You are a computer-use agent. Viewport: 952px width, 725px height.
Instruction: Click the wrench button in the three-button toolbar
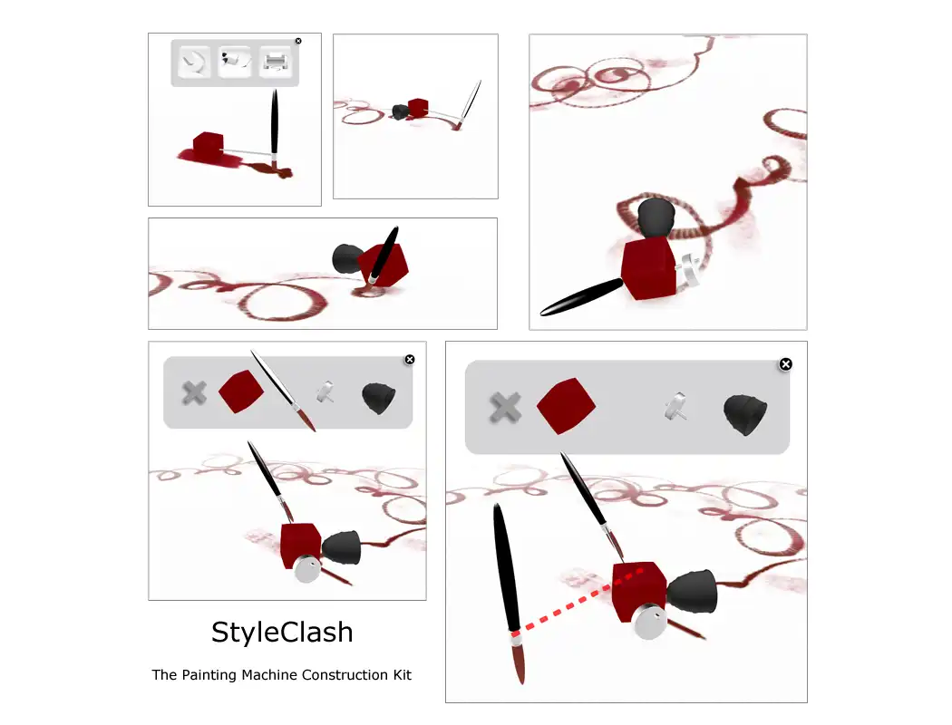coord(194,62)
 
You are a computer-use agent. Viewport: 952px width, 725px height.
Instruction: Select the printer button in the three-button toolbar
coord(276,62)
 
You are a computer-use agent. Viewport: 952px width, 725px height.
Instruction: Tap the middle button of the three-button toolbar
coord(235,62)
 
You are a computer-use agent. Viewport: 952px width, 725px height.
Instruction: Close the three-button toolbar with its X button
coord(298,42)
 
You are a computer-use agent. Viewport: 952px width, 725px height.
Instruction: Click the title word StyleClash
coord(282,633)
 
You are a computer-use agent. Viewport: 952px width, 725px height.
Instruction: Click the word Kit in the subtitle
coord(402,674)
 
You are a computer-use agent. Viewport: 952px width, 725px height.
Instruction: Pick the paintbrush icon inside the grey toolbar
coord(284,391)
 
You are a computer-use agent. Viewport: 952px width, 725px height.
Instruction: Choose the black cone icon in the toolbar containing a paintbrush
coord(379,398)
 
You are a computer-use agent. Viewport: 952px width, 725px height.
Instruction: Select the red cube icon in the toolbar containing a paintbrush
coord(241,391)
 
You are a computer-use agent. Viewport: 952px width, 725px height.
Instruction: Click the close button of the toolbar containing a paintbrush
coord(410,360)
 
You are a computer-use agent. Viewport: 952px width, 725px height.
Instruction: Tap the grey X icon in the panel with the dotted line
coord(505,407)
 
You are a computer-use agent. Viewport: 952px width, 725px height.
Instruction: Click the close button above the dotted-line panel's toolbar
coord(786,364)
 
